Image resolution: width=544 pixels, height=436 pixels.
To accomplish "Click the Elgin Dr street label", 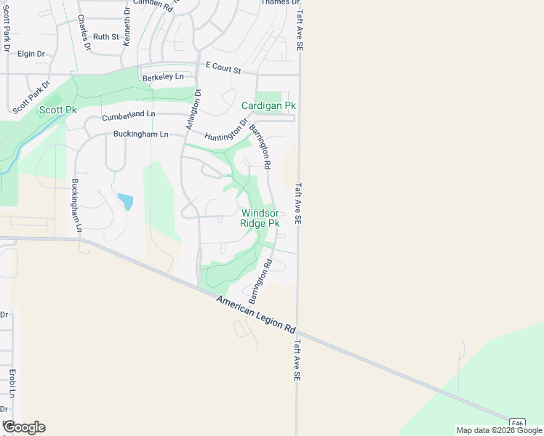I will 31,54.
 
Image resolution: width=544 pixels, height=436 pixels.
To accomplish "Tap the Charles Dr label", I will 83,33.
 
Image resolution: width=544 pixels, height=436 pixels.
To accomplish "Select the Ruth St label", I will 105,36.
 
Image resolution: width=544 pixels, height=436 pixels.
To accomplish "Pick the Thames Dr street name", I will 280,3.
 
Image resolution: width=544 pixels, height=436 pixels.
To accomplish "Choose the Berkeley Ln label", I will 163,77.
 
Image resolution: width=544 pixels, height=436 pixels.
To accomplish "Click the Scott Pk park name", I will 58,110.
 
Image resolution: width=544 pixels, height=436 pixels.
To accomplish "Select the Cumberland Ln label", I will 129,115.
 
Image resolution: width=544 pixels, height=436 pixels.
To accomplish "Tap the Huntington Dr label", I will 226,131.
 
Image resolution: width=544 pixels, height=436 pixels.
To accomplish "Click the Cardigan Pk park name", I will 269,106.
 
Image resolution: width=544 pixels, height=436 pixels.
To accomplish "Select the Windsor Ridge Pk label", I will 260,218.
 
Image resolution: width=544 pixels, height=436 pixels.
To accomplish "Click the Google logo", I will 24,427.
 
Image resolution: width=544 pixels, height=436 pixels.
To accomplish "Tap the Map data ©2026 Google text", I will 498,430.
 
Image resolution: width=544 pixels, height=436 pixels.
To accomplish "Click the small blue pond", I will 126,201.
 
